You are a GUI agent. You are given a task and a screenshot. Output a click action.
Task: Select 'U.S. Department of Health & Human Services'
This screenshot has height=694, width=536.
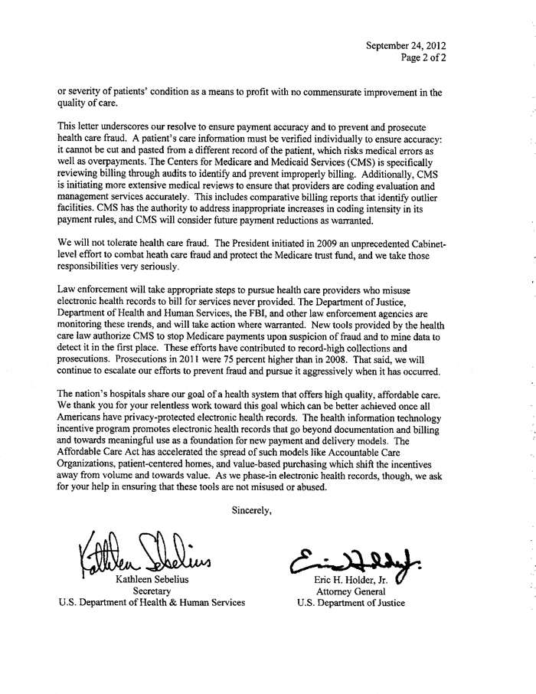152,601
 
